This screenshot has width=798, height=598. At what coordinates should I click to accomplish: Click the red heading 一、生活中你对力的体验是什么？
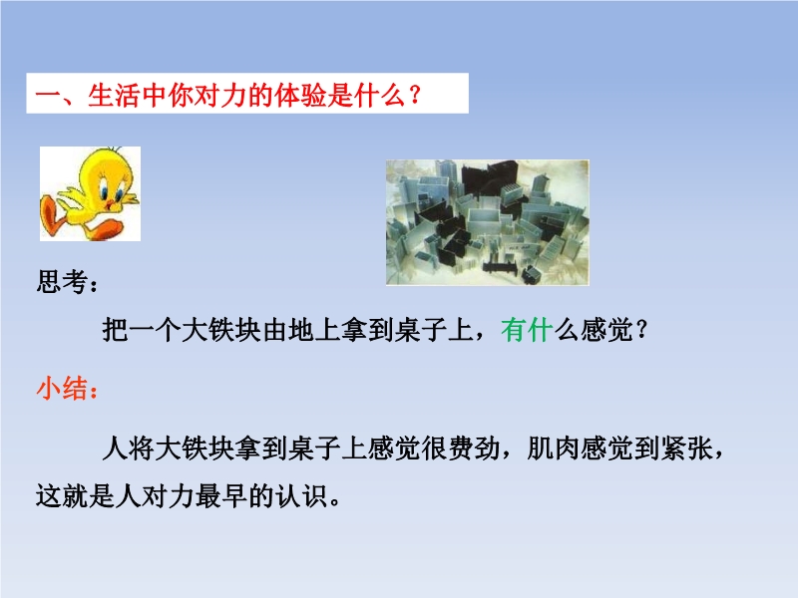pyautogui.click(x=228, y=95)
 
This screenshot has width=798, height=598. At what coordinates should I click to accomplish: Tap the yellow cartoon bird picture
pyautogui.click(x=90, y=193)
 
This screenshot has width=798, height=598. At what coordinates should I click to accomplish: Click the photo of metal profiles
pyautogui.click(x=488, y=222)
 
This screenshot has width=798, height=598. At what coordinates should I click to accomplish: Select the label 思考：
pyautogui.click(x=67, y=282)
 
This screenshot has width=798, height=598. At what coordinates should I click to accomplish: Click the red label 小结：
pyautogui.click(x=67, y=389)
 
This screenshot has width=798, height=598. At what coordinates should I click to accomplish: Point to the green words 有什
pyautogui.click(x=527, y=330)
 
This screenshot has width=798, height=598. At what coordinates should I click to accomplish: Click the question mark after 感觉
pyautogui.click(x=641, y=330)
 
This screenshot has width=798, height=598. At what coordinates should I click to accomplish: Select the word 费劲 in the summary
pyautogui.click(x=473, y=448)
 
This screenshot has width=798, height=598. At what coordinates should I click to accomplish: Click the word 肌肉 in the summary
pyautogui.click(x=553, y=448)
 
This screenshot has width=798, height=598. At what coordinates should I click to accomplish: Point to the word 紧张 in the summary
pyautogui.click(x=685, y=448)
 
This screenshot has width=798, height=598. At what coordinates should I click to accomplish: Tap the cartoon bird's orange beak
pyautogui.click(x=112, y=204)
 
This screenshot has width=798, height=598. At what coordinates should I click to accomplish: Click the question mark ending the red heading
pyautogui.click(x=414, y=95)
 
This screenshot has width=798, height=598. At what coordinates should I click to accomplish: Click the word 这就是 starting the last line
pyautogui.click(x=76, y=495)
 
